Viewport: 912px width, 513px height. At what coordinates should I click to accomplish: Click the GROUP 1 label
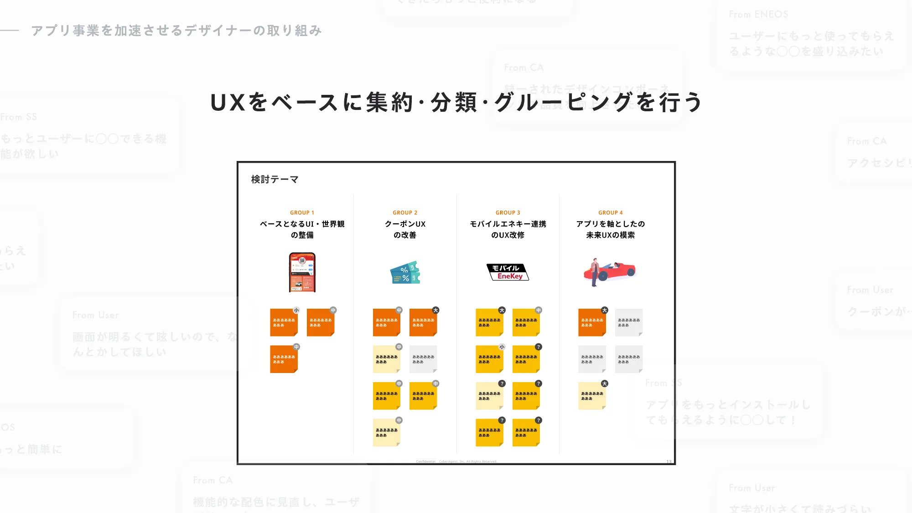[x=302, y=213]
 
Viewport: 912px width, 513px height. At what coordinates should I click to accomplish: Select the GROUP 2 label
[x=405, y=213]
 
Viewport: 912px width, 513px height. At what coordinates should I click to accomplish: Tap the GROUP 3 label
[x=508, y=213]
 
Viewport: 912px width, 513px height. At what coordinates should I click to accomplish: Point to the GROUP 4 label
[x=610, y=213]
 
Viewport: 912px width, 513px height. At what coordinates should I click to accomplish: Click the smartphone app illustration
[x=302, y=272]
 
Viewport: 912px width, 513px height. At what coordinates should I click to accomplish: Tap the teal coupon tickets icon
[x=405, y=273]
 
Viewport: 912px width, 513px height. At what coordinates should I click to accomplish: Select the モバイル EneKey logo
[x=508, y=272]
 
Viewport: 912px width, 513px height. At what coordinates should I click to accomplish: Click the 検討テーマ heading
[x=275, y=180]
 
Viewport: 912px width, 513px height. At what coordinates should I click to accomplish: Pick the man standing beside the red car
[x=594, y=272]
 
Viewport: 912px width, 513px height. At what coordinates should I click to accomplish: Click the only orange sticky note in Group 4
[x=592, y=322]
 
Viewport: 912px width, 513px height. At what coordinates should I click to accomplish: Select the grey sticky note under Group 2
[x=423, y=359]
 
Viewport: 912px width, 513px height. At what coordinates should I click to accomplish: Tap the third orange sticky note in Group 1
[x=284, y=359]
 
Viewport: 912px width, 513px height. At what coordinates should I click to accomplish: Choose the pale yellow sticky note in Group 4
[x=592, y=396]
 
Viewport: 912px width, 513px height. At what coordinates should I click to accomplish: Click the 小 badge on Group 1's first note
[x=296, y=311]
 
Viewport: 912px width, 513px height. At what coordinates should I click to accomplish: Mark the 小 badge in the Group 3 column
[x=502, y=347]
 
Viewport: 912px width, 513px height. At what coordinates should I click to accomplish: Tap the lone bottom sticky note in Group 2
[x=386, y=432]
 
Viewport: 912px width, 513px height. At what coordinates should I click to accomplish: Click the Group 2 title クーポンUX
[x=405, y=224]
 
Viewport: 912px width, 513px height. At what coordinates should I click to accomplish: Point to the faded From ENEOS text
[x=758, y=15]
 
